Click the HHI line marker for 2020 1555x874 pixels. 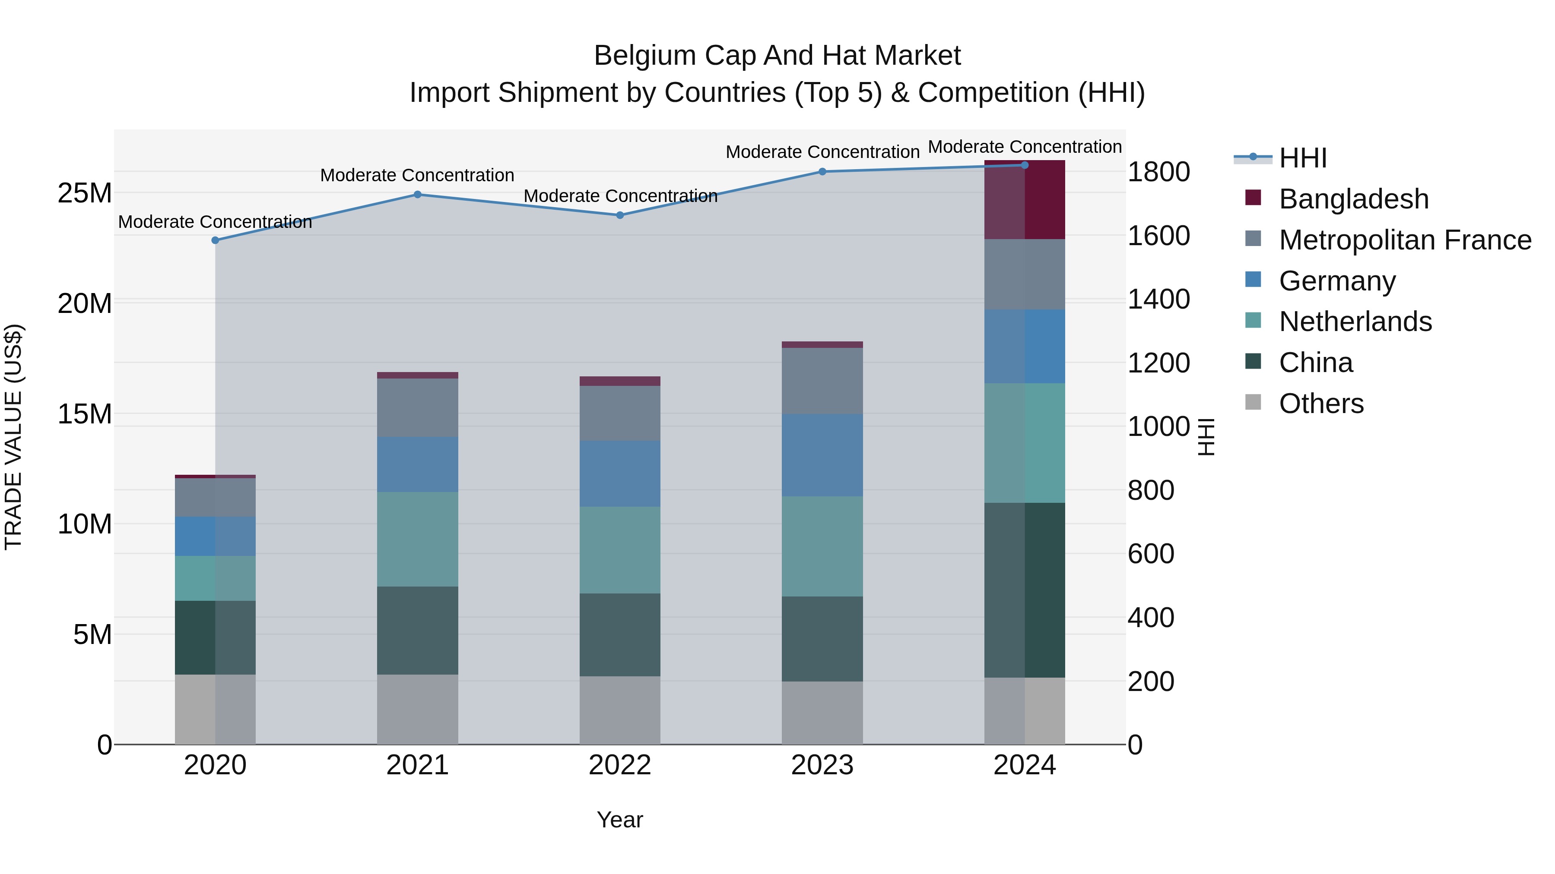click(x=215, y=240)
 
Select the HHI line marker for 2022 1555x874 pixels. click(x=619, y=215)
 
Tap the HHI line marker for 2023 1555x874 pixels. click(x=822, y=171)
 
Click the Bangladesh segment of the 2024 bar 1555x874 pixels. click(x=1025, y=200)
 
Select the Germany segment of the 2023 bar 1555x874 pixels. click(x=822, y=455)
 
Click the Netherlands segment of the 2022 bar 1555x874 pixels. click(x=619, y=550)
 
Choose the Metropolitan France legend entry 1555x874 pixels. click(x=1405, y=240)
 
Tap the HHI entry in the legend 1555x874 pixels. click(x=1302, y=158)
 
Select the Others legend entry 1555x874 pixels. click(x=1321, y=404)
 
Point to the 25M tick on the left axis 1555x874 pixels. click(x=85, y=194)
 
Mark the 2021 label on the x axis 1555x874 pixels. click(x=417, y=765)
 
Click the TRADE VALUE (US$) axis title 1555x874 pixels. click(x=13, y=437)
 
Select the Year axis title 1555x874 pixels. click(x=619, y=820)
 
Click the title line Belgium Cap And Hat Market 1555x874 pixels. click(x=777, y=56)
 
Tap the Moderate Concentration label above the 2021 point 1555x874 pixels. click(x=417, y=176)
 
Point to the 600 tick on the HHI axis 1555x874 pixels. click(x=1151, y=554)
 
